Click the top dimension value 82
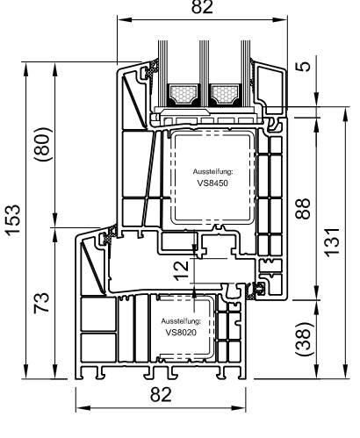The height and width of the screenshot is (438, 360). click(202, 6)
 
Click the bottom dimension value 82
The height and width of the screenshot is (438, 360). click(161, 394)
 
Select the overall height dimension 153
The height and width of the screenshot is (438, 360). click(13, 220)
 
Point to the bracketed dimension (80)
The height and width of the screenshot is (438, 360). click(43, 145)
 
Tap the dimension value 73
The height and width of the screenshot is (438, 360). click(41, 303)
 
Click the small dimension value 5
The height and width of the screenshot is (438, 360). click(305, 66)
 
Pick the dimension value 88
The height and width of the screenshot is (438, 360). click(303, 209)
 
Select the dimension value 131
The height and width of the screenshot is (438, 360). click(333, 242)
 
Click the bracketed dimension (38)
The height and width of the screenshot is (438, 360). click(304, 339)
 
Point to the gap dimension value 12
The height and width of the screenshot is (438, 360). click(182, 270)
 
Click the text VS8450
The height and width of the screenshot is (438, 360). click(212, 183)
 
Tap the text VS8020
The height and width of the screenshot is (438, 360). click(181, 333)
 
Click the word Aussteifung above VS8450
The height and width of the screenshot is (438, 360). click(212, 172)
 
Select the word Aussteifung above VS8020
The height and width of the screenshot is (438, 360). click(181, 321)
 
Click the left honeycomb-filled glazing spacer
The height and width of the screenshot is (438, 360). click(184, 94)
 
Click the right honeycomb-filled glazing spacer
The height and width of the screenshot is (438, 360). click(225, 94)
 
